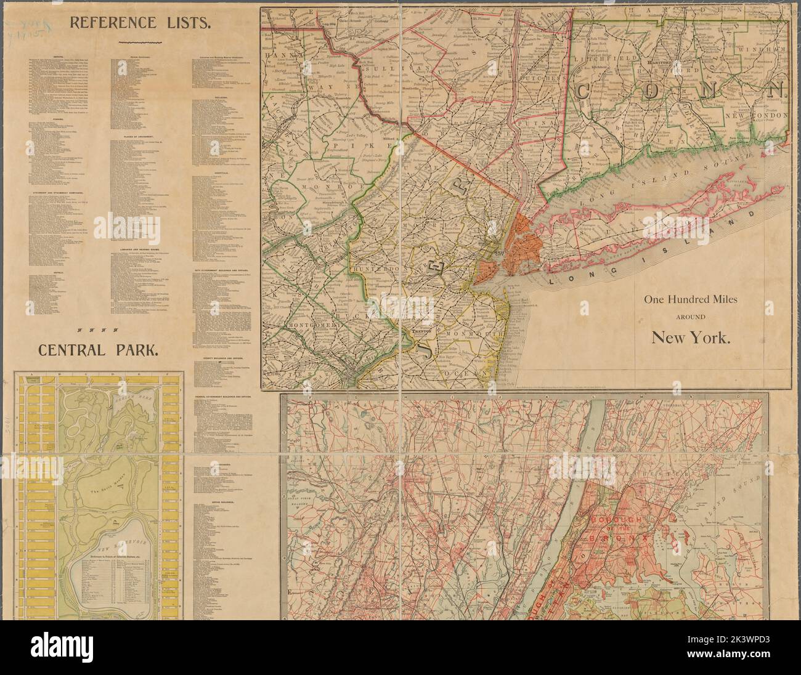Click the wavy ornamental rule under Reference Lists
pos(140,42)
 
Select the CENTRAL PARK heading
pos(99,350)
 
